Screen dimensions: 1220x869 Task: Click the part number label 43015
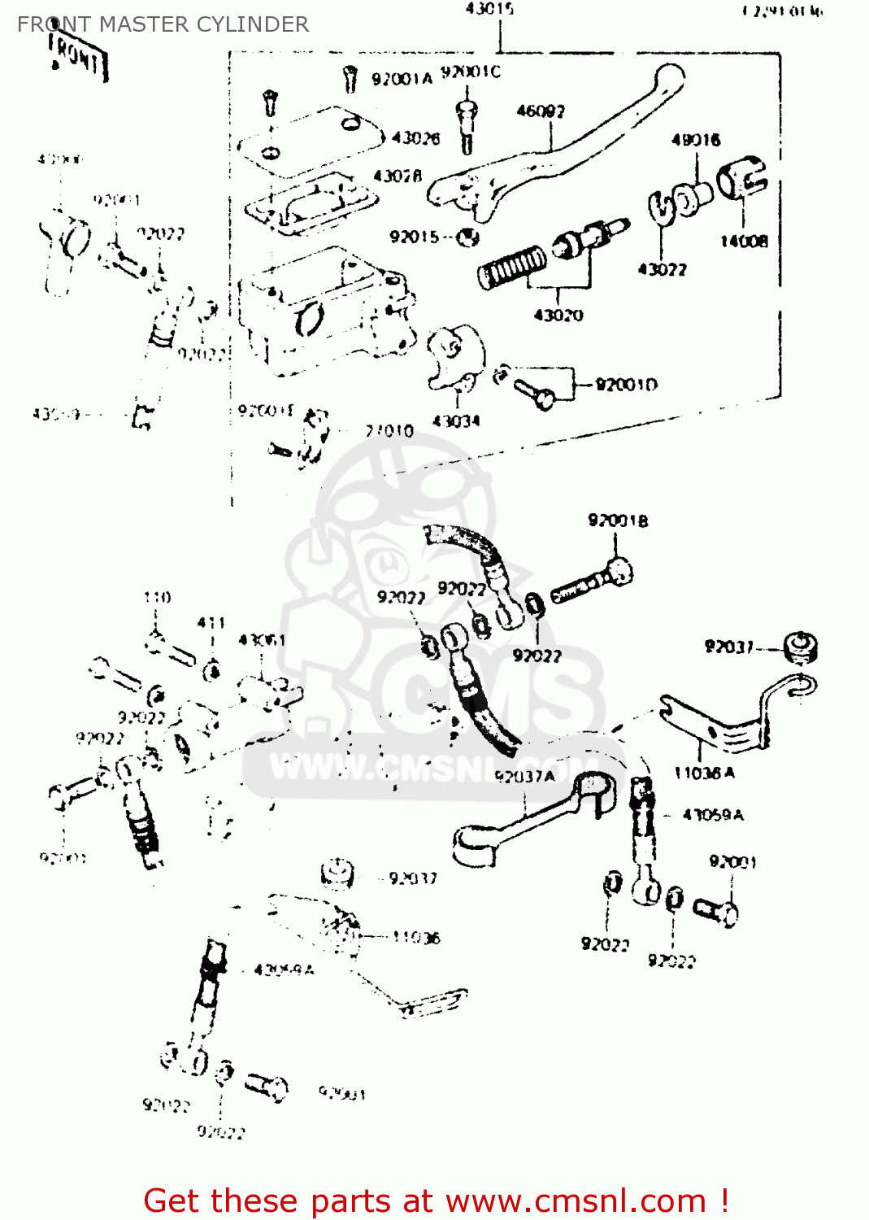[x=489, y=9]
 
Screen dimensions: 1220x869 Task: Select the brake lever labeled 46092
[x=561, y=150]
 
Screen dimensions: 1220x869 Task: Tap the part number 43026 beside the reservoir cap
[x=415, y=138]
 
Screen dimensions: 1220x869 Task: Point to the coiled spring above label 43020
[x=511, y=268]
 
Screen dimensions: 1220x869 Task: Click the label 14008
[x=743, y=241]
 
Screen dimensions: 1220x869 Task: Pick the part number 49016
[x=695, y=140]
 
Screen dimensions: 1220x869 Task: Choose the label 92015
[x=414, y=237]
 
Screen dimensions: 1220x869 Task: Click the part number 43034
[x=456, y=420]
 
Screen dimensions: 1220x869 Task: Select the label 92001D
[x=626, y=384]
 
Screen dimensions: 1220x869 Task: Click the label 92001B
[x=618, y=521]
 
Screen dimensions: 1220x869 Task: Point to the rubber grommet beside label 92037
[x=801, y=647]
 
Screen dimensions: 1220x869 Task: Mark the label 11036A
[x=704, y=773]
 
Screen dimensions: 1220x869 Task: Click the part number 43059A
[x=712, y=814]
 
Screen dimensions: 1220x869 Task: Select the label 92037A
[x=524, y=776]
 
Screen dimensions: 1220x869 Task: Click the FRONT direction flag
[x=77, y=57]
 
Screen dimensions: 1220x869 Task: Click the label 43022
[x=662, y=269]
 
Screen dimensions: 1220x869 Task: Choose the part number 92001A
[x=402, y=79]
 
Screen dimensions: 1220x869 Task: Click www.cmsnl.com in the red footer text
[x=576, y=1200]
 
